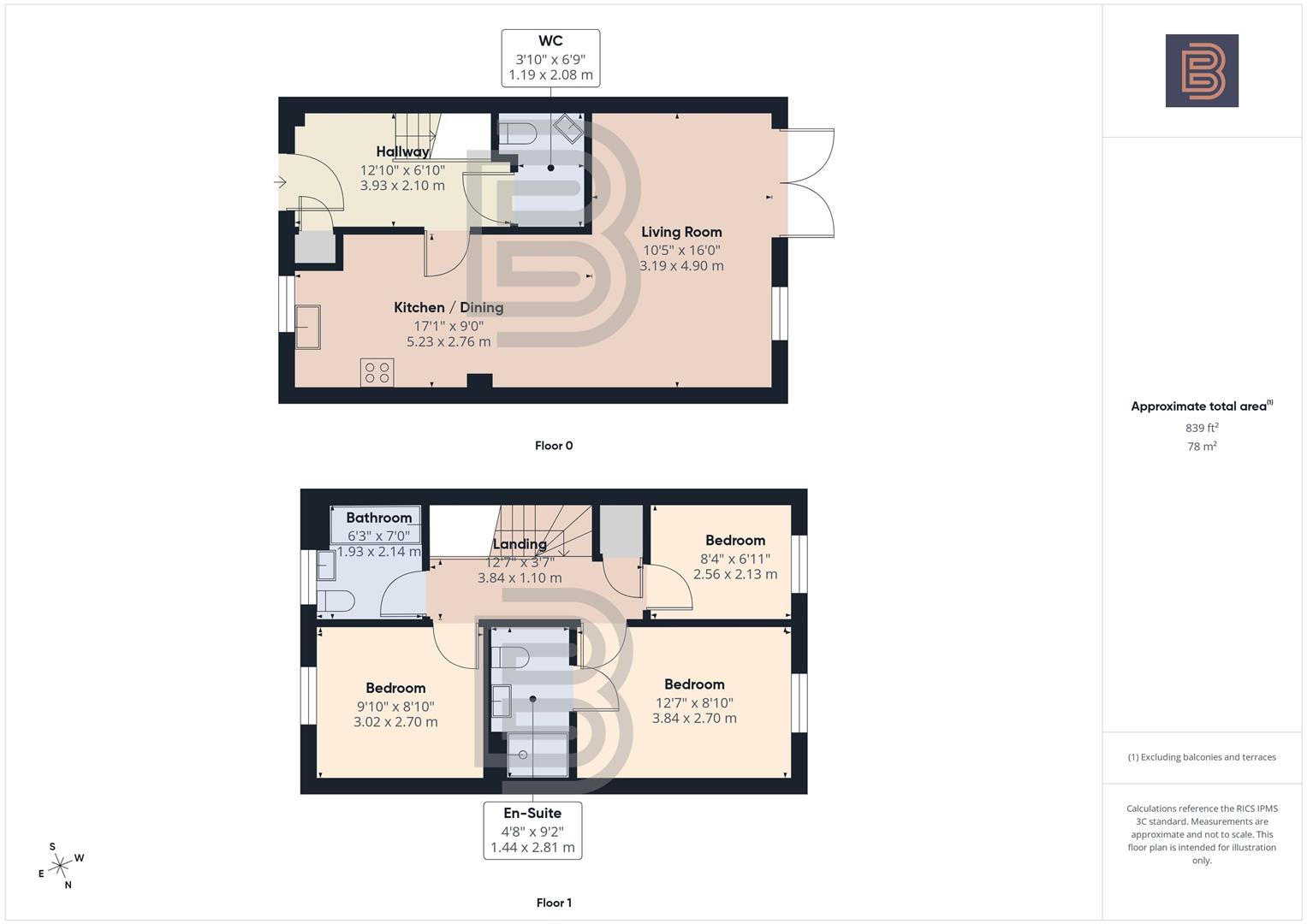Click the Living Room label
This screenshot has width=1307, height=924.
pyautogui.click(x=681, y=232)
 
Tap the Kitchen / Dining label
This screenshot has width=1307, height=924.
pyautogui.click(x=449, y=307)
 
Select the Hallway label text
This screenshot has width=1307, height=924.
pyautogui.click(x=402, y=151)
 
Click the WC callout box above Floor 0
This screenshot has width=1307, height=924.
pyautogui.click(x=550, y=58)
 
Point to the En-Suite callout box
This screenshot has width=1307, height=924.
pyautogui.click(x=532, y=830)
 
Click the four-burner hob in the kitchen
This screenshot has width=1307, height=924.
pyautogui.click(x=377, y=372)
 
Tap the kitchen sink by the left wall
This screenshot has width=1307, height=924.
pyautogui.click(x=308, y=327)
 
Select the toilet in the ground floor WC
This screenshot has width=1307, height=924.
pyautogui.click(x=519, y=133)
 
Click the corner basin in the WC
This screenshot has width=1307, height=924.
pyautogui.click(x=568, y=129)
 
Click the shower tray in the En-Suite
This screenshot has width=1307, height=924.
pyautogui.click(x=538, y=754)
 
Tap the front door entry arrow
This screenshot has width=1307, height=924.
pyautogui.click(x=280, y=181)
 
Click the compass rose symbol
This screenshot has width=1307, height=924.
pyautogui.click(x=60, y=866)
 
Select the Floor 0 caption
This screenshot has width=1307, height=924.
pyautogui.click(x=554, y=446)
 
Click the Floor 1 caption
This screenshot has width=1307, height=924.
pyautogui.click(x=554, y=903)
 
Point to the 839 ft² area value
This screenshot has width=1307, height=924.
pyautogui.click(x=1202, y=428)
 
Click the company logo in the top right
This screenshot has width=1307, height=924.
pyautogui.click(x=1202, y=70)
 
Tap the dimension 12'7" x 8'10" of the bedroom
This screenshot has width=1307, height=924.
pyautogui.click(x=694, y=702)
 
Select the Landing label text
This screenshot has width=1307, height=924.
pyautogui.click(x=520, y=544)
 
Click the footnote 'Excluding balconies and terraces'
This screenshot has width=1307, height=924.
pyautogui.click(x=1202, y=757)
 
